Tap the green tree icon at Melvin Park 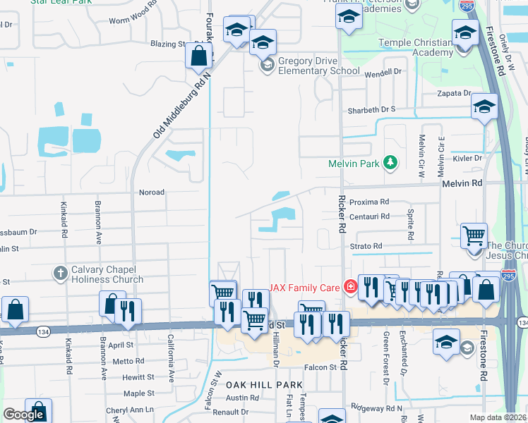[x=389, y=164]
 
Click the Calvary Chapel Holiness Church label [x=107, y=274]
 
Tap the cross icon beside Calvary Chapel [x=61, y=272]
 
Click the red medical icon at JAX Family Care [x=349, y=286]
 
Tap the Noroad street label [x=152, y=192]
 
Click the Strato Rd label [x=366, y=246]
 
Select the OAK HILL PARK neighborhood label [x=264, y=384]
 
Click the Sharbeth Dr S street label [x=372, y=110]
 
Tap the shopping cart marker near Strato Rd [x=474, y=235]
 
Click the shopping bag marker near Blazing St [x=200, y=54]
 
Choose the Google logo [x=23, y=415]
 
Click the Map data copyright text [x=498, y=417]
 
